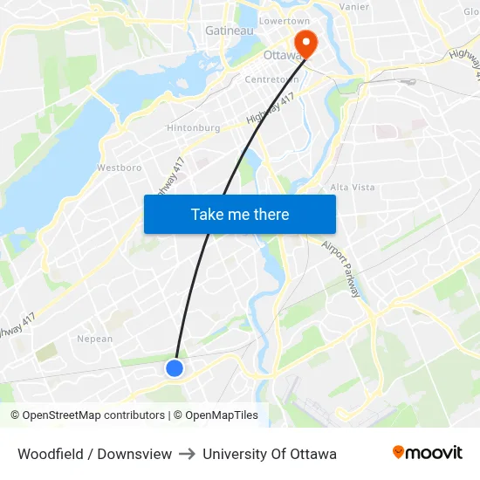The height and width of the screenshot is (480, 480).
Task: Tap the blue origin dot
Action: pos(175,368)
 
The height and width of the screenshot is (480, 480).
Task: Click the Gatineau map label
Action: pos(229,31)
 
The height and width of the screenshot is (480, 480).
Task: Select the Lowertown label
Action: pos(285,20)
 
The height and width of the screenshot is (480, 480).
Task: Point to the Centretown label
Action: pos(271,79)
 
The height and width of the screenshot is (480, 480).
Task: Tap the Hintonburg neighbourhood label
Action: pos(193,127)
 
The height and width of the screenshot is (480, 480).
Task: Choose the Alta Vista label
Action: pos(352,187)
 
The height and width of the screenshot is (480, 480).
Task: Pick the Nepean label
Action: pos(95,339)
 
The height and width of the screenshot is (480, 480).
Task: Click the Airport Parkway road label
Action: pos(340,270)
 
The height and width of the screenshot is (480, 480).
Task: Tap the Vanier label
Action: pos(353,7)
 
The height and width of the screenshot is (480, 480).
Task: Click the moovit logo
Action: pos(427,452)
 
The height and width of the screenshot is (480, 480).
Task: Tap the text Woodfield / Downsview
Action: pos(94,454)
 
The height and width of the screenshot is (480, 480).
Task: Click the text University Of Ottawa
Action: pos(270,454)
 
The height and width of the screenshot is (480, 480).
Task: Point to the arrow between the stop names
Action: pos(188,454)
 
